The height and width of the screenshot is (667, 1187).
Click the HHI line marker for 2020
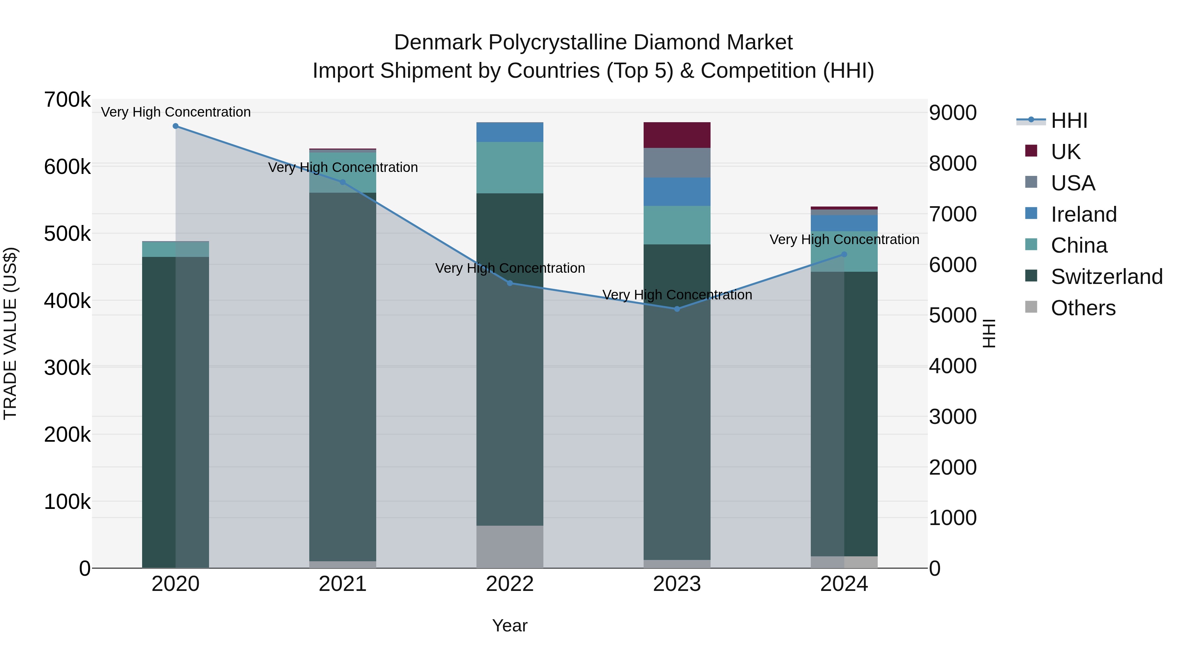(175, 126)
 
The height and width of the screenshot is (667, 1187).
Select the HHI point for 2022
(510, 283)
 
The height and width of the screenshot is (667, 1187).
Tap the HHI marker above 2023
(677, 309)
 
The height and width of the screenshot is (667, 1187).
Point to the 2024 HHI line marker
(844, 254)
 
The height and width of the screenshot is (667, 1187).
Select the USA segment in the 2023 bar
(677, 163)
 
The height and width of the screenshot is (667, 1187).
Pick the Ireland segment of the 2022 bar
(510, 132)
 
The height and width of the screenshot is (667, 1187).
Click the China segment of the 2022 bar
(510, 168)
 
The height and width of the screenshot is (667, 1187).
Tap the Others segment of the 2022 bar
(510, 546)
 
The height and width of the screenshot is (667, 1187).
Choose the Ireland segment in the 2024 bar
(844, 223)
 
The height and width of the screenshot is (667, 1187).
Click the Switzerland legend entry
(1106, 277)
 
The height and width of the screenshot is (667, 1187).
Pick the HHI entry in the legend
(1069, 121)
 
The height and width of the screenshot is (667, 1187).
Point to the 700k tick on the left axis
(67, 100)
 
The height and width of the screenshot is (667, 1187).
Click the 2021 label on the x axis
(342, 584)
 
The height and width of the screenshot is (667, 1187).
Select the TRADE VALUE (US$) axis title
(10, 333)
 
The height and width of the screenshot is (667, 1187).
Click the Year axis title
(510, 625)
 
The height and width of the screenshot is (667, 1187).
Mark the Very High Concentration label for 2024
(844, 239)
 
